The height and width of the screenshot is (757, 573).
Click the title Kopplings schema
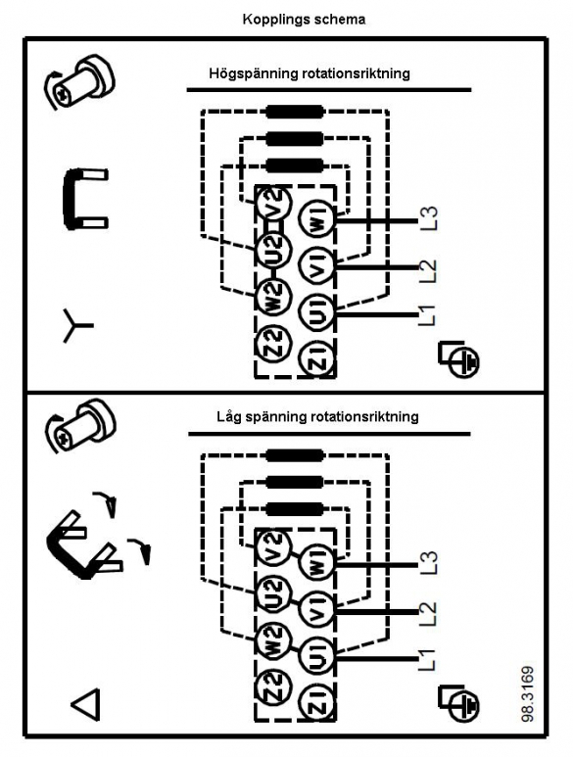(x=304, y=20)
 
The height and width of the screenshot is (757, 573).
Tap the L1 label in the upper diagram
(x=427, y=315)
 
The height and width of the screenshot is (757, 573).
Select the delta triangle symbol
(x=86, y=704)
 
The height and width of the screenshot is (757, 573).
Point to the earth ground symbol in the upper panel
(x=459, y=358)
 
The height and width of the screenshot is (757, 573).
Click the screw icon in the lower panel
(x=80, y=425)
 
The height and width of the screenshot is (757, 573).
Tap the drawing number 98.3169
(x=528, y=693)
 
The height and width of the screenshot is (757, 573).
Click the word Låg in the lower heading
(x=229, y=416)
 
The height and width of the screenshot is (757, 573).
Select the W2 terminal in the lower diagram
(x=273, y=641)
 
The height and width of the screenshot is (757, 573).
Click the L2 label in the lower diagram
(x=428, y=613)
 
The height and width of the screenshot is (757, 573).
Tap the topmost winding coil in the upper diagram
(x=295, y=112)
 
